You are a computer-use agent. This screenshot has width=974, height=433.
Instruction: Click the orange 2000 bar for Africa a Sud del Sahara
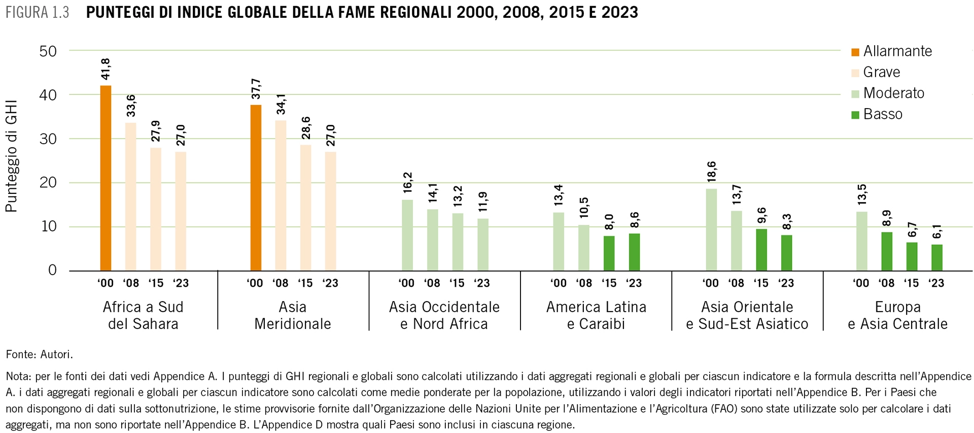click(x=106, y=178)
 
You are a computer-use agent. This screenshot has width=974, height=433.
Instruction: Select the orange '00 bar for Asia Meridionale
click(x=256, y=187)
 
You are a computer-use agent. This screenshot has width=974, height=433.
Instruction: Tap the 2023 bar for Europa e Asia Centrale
click(x=936, y=257)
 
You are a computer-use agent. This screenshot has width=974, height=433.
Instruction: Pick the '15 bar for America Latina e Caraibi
click(x=609, y=253)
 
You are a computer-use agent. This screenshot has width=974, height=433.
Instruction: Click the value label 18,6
click(x=711, y=172)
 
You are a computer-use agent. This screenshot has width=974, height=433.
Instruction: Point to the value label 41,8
click(x=106, y=69)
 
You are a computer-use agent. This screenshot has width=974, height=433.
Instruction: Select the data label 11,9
click(x=483, y=202)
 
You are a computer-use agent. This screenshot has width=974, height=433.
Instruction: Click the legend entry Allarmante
click(x=897, y=51)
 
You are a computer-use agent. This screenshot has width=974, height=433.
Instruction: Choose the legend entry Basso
click(x=882, y=114)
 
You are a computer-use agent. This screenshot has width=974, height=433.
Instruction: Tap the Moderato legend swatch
click(x=855, y=94)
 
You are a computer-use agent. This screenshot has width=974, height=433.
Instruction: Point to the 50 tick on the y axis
click(x=48, y=51)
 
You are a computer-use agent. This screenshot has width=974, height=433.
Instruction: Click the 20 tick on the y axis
click(x=48, y=183)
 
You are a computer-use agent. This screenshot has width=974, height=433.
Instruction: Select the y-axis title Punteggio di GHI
click(x=12, y=156)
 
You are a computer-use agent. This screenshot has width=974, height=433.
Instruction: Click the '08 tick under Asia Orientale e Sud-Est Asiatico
click(x=736, y=283)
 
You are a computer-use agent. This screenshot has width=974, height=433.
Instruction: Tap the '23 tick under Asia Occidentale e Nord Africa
click(x=482, y=283)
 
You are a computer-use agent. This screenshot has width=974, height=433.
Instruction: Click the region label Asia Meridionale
click(x=292, y=315)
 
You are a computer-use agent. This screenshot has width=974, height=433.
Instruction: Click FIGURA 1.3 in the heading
click(x=37, y=13)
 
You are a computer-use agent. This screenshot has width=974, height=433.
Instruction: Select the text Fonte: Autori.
click(x=39, y=355)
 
